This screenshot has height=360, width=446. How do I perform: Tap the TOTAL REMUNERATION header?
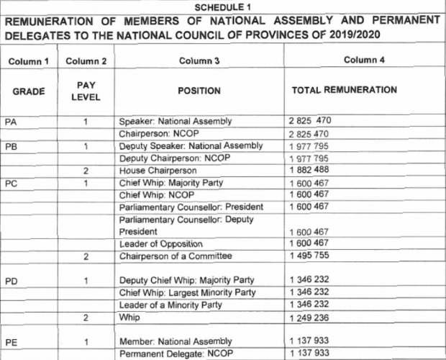pyautogui.click(x=344, y=91)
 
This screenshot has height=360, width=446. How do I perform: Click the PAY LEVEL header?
pyautogui.click(x=85, y=91)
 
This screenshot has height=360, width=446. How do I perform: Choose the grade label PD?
pyautogui.click(x=11, y=281)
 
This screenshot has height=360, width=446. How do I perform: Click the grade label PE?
pyautogui.click(x=11, y=342)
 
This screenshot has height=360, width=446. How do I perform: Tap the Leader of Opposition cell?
pyautogui.click(x=160, y=244)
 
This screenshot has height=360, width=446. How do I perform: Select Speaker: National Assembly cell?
pyautogui.click(x=176, y=121)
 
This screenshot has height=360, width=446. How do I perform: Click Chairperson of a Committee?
pyautogui.click(x=173, y=256)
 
